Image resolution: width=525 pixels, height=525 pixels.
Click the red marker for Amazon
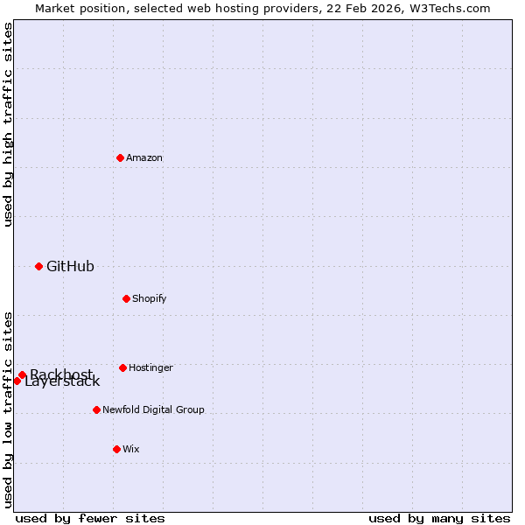[x=120, y=157]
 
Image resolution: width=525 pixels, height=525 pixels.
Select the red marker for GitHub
[x=38, y=266]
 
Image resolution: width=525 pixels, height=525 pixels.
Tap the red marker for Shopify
[x=126, y=298]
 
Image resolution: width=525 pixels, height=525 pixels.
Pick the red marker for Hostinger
[x=122, y=367]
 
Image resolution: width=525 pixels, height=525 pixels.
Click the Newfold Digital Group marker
[x=96, y=409]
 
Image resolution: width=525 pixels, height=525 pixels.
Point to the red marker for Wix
[x=116, y=449]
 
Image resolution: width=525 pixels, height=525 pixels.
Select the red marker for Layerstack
[x=17, y=381]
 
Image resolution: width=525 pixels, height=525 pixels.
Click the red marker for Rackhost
[x=22, y=374]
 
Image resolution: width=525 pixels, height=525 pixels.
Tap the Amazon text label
[x=144, y=157]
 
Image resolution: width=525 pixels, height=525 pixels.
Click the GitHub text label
[x=70, y=266]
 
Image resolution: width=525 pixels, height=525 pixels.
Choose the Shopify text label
[x=150, y=298]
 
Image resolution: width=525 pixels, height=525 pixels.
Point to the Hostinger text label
[x=150, y=367]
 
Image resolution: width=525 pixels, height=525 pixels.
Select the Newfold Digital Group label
[x=153, y=409]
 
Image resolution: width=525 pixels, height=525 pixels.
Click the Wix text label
[x=131, y=449]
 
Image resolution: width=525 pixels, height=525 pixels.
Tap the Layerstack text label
[x=63, y=382]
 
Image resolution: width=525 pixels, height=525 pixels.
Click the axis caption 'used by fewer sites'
[x=90, y=518]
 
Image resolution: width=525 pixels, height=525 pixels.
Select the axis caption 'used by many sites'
[x=439, y=518]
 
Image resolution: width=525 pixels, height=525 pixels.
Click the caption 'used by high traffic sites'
[x=9, y=124]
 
